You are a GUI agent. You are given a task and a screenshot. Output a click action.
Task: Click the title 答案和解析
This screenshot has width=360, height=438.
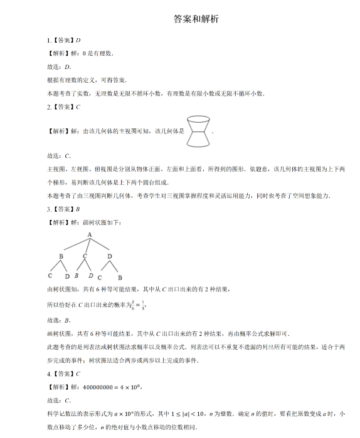196,19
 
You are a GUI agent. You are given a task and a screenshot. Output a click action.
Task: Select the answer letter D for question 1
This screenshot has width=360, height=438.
78,40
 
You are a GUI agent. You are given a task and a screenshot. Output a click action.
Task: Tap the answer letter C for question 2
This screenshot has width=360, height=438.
78,107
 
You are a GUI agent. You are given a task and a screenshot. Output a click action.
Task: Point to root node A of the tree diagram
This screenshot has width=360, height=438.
90,234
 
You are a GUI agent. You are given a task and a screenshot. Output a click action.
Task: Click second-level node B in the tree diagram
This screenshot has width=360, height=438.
61,256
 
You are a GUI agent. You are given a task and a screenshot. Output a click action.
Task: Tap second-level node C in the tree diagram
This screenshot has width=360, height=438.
85,256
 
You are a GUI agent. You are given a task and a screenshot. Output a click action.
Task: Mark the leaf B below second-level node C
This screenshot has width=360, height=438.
76,275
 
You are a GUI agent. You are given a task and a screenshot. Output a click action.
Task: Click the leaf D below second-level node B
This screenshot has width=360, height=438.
67,276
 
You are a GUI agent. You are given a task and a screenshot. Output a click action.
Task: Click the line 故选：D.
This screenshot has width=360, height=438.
60,67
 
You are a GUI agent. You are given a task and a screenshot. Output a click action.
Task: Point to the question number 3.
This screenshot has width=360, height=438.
49,210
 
